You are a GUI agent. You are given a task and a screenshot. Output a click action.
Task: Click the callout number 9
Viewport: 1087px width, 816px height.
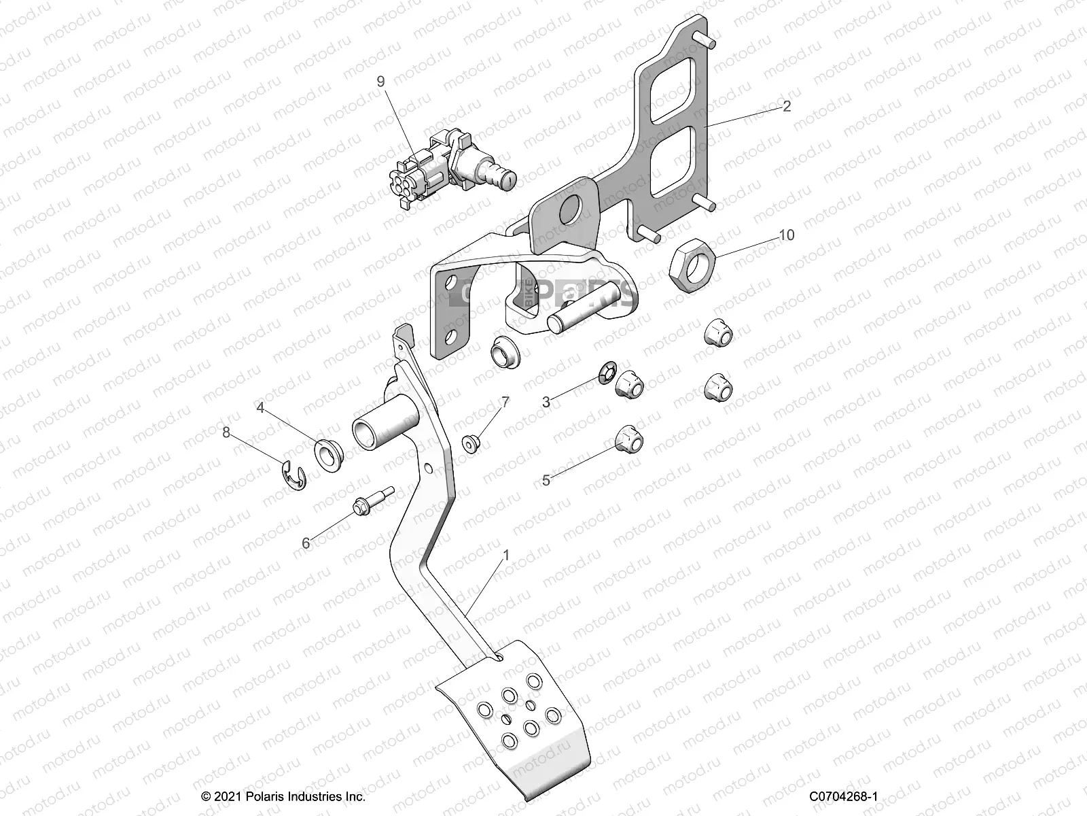[380, 82]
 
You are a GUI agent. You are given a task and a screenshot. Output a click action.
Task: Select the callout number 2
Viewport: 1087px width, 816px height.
[787, 106]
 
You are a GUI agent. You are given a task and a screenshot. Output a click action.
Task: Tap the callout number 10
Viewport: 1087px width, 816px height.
[786, 235]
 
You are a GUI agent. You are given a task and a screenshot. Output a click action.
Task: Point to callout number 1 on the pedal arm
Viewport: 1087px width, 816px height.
[505, 556]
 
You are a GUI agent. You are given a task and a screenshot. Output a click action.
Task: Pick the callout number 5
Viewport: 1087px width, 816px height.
[546, 480]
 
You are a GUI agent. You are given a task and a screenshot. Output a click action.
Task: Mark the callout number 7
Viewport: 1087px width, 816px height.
[505, 402]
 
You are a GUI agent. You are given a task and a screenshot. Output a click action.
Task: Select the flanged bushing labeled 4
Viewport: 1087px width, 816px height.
[329, 452]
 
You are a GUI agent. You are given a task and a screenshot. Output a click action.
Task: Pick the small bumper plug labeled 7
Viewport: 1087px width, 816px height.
[469, 444]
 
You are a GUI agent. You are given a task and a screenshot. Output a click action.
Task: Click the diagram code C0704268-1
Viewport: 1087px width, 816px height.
[844, 796]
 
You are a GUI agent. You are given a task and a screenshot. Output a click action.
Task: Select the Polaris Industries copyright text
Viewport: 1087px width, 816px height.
[283, 796]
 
